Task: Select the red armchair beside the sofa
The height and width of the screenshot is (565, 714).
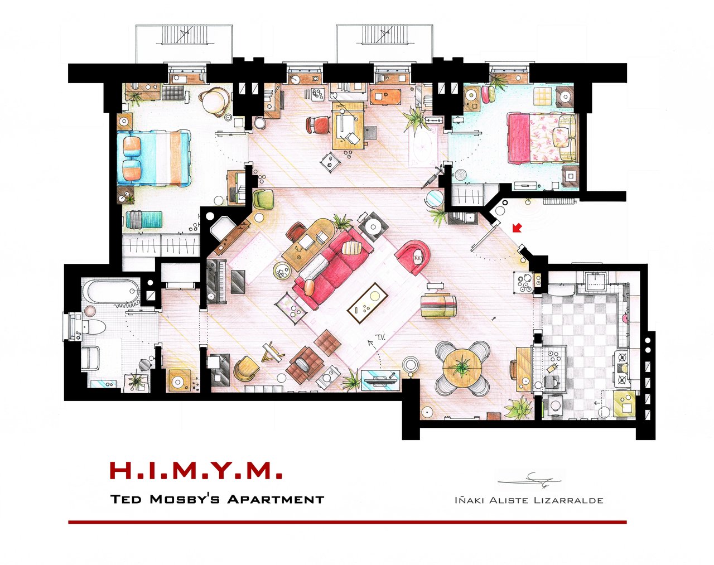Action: pos(413,257)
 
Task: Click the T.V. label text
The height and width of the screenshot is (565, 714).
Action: pos(381,337)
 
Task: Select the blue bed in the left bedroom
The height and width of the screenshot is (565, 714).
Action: pos(154,158)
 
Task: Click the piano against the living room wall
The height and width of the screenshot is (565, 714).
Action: pos(216,282)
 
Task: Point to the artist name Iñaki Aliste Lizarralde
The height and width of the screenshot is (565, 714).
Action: pos(528,500)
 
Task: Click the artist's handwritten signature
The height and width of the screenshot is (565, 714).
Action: pos(530,479)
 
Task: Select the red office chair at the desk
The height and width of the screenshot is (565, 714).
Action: pos(318,125)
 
